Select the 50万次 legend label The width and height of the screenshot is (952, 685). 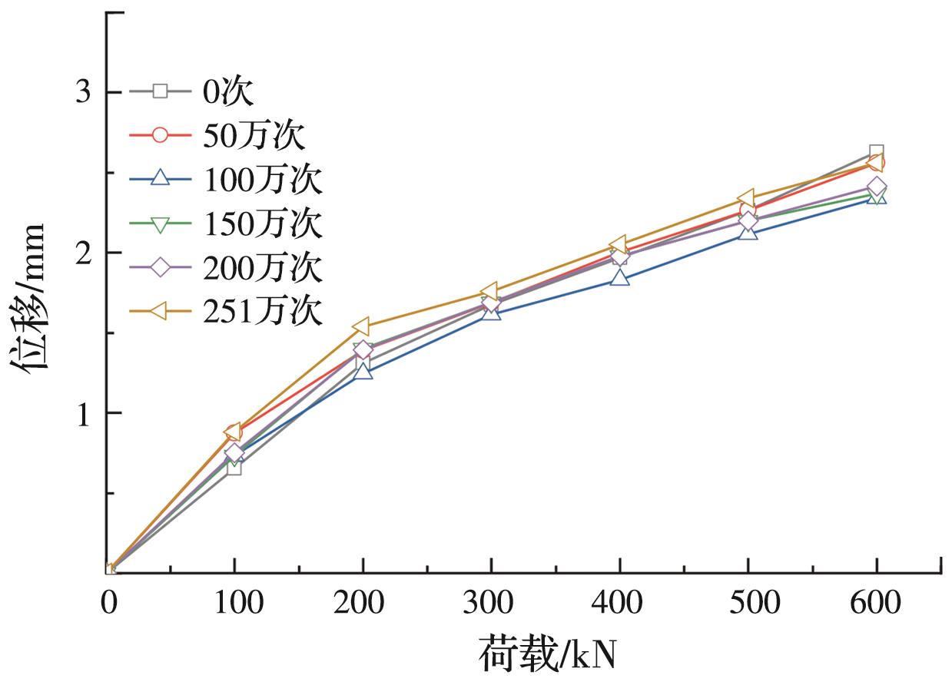click(254, 136)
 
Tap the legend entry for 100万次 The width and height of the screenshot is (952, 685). click(262, 180)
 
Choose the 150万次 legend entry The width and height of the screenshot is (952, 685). click(262, 223)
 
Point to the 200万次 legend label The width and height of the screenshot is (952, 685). click(262, 267)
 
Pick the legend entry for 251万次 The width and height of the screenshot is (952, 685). click(262, 311)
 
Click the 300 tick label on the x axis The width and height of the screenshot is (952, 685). click(489, 603)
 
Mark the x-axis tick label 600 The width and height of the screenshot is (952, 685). click(876, 603)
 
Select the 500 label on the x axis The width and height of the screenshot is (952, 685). click(747, 603)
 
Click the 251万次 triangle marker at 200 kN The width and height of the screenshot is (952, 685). click(362, 327)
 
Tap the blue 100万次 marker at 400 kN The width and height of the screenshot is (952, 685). click(620, 278)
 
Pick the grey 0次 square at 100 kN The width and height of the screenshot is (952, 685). click(234, 467)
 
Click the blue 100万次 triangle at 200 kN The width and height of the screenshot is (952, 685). click(363, 372)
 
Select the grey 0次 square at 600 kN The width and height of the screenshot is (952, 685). click(876, 152)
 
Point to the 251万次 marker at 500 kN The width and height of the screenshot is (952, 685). click(746, 199)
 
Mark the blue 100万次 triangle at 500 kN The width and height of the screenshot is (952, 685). click(748, 231)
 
